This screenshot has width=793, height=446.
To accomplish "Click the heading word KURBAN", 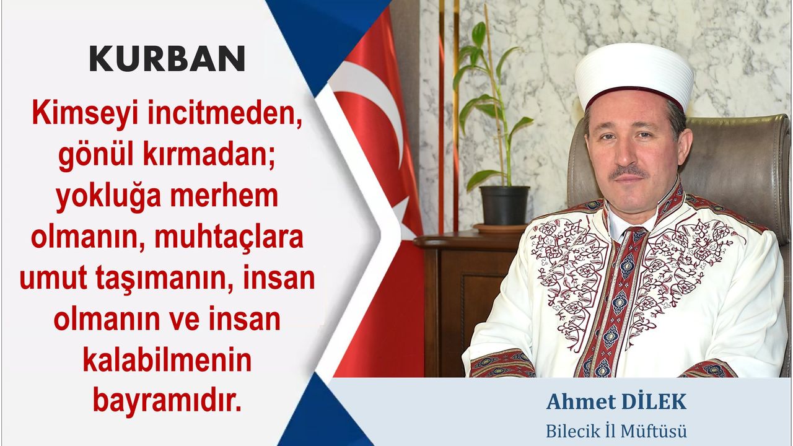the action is pyautogui.click(x=167, y=58).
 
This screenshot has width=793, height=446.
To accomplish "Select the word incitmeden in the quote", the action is pyautogui.click(x=225, y=113).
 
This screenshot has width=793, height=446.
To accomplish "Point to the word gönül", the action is pyautogui.click(x=95, y=157).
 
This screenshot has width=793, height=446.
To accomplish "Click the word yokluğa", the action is pyautogui.click(x=108, y=198).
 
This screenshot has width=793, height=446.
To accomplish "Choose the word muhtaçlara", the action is pyautogui.click(x=229, y=237).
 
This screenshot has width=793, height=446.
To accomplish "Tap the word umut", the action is pyautogui.click(x=53, y=279).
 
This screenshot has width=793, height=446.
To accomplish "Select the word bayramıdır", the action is pyautogui.click(x=167, y=402).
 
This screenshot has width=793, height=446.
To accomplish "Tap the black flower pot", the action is pyautogui.click(x=504, y=205).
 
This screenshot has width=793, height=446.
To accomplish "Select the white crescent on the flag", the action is pyautogui.click(x=368, y=106).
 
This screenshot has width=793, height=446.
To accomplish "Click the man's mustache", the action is pyautogui.click(x=629, y=172).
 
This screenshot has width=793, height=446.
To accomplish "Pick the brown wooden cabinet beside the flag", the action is pyautogui.click(x=464, y=304).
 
